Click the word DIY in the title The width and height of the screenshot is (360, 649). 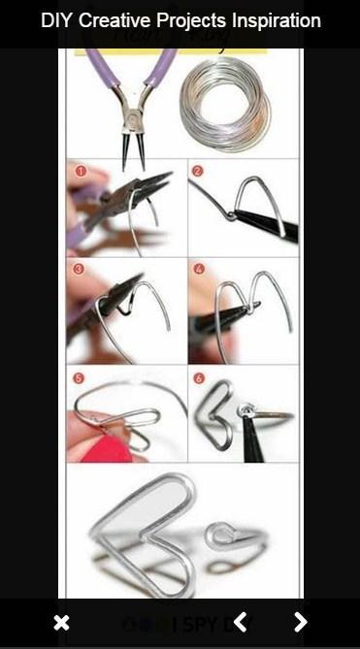56,20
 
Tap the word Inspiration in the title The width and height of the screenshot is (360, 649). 274,20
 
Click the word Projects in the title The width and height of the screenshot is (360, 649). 191,20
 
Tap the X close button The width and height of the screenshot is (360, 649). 61,623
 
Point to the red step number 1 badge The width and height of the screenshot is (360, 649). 81,172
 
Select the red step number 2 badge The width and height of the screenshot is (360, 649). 198,172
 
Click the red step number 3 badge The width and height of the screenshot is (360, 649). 80,269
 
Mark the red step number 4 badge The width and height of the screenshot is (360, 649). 198,269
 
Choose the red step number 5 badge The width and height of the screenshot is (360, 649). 80,377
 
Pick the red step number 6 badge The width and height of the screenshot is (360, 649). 199,377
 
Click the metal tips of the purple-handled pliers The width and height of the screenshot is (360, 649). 126,146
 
